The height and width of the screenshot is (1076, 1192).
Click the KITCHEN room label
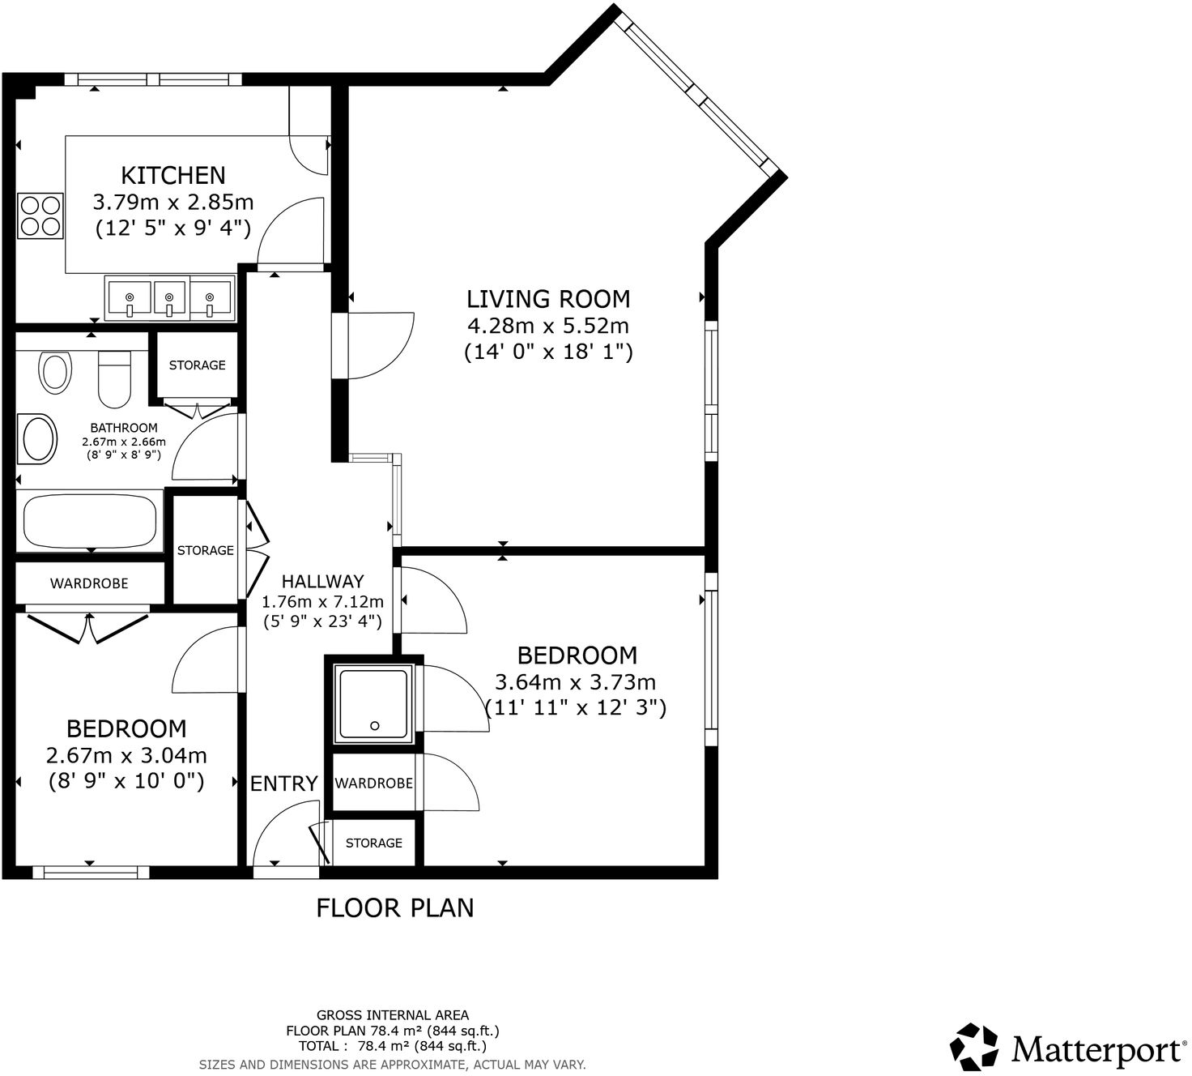[x=172, y=175]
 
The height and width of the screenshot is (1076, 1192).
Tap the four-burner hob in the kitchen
[x=40, y=216]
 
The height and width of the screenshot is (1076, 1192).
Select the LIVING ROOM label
[x=548, y=299]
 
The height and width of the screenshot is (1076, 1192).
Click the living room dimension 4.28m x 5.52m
[x=548, y=326]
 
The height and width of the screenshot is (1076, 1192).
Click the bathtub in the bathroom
[x=90, y=522]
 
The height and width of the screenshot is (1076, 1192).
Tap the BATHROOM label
[x=123, y=428]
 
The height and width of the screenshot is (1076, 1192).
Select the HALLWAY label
[x=322, y=581]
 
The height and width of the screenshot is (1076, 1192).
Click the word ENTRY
[x=283, y=784]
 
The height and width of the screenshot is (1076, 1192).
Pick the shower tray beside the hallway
[x=373, y=703]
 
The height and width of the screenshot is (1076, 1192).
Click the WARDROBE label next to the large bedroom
[x=373, y=784]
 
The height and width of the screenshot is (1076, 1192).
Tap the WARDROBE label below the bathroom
[x=89, y=583]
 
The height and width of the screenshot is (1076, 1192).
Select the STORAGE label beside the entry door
[x=373, y=843]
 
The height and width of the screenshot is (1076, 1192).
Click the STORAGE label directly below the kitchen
[x=197, y=365]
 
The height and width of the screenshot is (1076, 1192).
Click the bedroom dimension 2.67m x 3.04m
[x=126, y=755]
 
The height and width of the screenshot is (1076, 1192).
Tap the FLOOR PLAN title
[x=394, y=907]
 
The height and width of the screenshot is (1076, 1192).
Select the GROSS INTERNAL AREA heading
[x=392, y=1014]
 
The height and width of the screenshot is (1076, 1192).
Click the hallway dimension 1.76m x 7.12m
[x=322, y=602]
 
